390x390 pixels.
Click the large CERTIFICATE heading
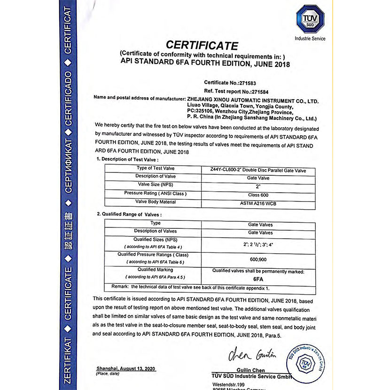click(x=202, y=46)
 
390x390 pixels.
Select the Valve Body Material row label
click(x=155, y=202)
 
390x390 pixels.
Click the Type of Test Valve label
click(x=155, y=168)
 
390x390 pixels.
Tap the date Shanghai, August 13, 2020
click(x=125, y=368)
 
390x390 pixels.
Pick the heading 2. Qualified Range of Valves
click(x=129, y=214)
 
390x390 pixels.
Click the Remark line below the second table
click(x=190, y=287)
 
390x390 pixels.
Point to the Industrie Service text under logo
click(x=310, y=39)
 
